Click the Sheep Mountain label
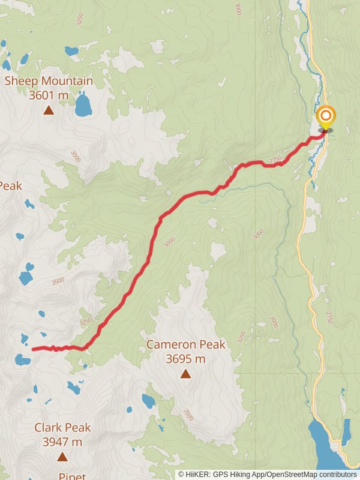49,81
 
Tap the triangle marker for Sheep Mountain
49,110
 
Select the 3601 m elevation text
49,95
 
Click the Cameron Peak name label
186,344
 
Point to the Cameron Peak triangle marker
186,374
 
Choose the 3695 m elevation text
186,359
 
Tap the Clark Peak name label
62,428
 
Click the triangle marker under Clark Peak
62,457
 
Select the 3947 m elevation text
62,442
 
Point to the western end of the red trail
33,349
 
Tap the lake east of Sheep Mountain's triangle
83,105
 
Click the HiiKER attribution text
267,474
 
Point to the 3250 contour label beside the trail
86,322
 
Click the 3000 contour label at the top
238,9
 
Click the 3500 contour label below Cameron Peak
188,414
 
